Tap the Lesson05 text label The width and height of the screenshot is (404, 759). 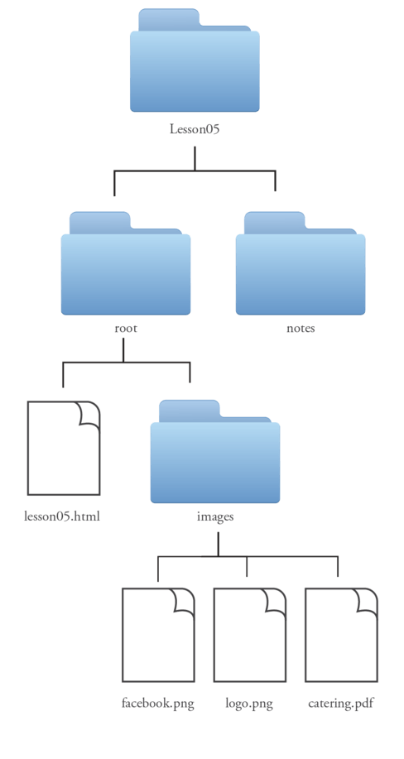(x=195, y=129)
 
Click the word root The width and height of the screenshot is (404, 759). (x=126, y=329)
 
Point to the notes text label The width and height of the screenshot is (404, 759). (x=301, y=329)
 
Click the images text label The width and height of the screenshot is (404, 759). (x=215, y=516)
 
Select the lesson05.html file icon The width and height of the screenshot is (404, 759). (x=64, y=448)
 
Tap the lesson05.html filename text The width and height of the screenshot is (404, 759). (x=62, y=516)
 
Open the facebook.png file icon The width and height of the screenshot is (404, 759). (x=158, y=635)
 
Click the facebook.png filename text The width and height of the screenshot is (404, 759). (x=158, y=704)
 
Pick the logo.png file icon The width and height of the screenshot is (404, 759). (x=250, y=635)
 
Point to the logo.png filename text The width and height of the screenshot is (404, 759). (x=249, y=704)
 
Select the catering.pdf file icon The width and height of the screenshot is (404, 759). (x=342, y=635)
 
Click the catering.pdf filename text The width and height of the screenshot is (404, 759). (x=342, y=704)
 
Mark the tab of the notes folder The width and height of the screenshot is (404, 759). (x=274, y=222)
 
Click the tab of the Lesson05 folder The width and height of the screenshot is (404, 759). (x=169, y=19)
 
